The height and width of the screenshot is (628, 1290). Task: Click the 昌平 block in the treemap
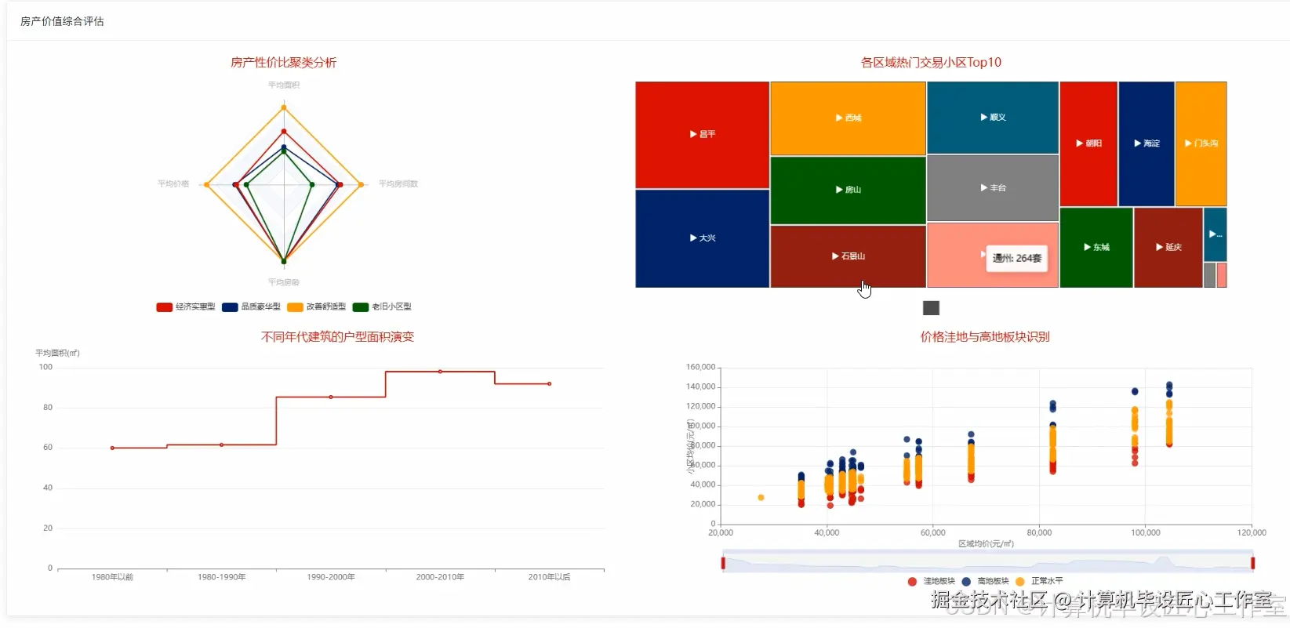702,135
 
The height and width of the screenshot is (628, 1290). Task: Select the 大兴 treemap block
702,238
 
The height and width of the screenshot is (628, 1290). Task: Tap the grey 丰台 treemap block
992,188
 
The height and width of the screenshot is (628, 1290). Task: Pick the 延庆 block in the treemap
1168,247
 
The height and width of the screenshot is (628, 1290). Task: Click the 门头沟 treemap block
1201,143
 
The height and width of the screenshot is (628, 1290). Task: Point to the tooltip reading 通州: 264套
1016,258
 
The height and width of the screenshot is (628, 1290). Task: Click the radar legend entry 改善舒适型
317,307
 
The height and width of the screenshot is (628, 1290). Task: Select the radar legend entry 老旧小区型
383,307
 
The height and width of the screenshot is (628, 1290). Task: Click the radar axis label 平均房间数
398,184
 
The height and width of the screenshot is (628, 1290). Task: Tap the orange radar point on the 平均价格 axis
206,185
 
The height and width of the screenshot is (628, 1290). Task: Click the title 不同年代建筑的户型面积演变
337,337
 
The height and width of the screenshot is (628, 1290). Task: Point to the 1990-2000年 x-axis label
331,577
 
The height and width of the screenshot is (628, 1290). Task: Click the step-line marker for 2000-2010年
440,372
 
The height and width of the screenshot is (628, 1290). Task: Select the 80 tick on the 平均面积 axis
48,408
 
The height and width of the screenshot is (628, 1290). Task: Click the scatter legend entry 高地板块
985,581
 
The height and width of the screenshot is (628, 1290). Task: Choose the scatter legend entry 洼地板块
931,581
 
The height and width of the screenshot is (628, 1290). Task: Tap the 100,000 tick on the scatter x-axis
1145,532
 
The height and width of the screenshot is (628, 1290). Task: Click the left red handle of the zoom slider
723,563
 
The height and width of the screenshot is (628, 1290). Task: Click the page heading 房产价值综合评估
62,21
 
